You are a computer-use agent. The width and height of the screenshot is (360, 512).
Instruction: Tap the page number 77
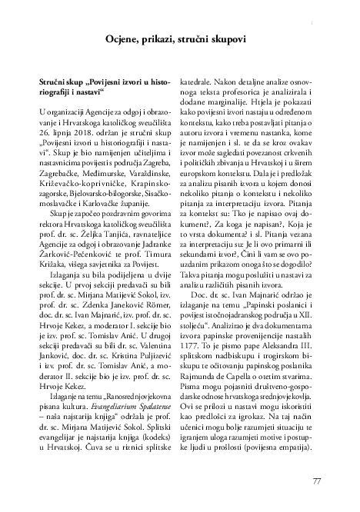pos(316,481)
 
